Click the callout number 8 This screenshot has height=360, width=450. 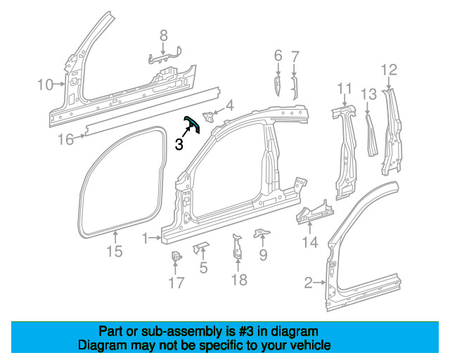click(x=163, y=35)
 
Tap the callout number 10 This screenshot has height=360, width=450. click(x=45, y=85)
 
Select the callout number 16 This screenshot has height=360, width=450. click(x=65, y=139)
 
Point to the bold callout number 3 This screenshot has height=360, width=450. click(x=179, y=145)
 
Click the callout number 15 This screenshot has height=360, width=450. click(x=114, y=251)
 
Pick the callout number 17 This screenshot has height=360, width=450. click(x=176, y=283)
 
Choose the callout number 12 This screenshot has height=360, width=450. click(x=389, y=70)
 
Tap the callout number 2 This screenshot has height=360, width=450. click(x=308, y=283)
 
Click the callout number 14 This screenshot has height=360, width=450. click(x=309, y=243)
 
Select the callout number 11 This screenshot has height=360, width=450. click(x=344, y=88)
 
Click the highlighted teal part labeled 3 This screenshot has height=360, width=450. click(x=192, y=126)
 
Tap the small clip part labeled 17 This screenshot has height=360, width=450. click(x=176, y=259)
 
